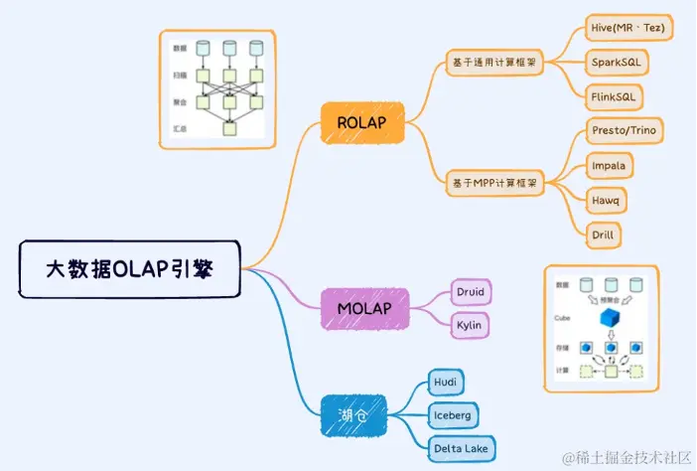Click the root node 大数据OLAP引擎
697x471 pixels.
point(129,268)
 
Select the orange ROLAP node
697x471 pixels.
point(362,122)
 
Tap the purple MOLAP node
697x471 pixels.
point(365,308)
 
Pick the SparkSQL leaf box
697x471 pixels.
point(616,62)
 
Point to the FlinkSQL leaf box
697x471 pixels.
point(615,96)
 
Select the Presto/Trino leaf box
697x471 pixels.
point(623,130)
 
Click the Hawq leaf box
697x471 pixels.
point(606,200)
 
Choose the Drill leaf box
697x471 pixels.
point(604,235)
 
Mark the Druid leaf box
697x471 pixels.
point(469,292)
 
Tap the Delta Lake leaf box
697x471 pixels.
point(462,448)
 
